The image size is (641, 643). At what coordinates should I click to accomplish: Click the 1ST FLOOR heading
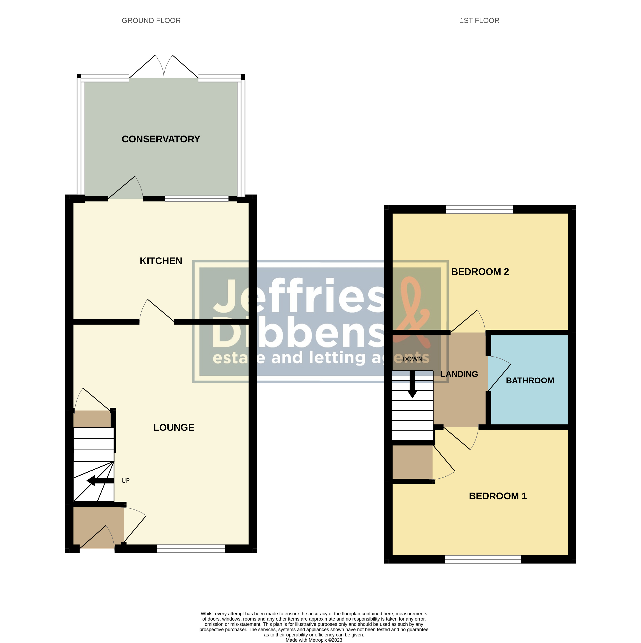479,21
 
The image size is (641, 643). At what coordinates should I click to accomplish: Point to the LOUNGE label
174,427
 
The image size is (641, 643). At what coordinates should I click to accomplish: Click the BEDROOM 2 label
480,272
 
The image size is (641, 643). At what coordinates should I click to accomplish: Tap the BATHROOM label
530,380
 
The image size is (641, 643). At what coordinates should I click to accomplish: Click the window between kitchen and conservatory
197,199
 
